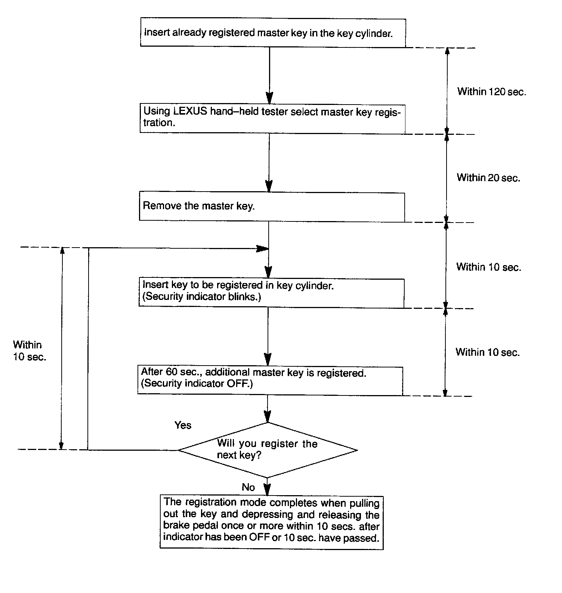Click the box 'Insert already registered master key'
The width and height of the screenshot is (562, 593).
coord(273,33)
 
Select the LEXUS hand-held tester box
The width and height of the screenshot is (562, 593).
coord(272,118)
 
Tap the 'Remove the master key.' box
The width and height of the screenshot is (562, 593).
coord(272,206)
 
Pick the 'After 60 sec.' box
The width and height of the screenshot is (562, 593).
coord(270,380)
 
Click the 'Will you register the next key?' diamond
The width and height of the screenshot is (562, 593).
coord(268,450)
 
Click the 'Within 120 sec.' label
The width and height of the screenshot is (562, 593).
coord(491,91)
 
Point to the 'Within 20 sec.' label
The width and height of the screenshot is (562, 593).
coord(488,178)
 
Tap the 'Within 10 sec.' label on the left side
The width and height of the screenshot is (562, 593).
coord(29,350)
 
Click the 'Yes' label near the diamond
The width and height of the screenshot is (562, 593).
coord(183,425)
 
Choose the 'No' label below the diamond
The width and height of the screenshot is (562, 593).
coord(248,487)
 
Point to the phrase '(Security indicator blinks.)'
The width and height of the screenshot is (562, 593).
coord(202,297)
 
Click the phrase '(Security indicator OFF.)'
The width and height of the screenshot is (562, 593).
coord(197,384)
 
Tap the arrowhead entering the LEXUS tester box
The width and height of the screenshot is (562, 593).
coord(269,98)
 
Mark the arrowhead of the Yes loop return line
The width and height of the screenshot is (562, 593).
coord(263,248)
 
